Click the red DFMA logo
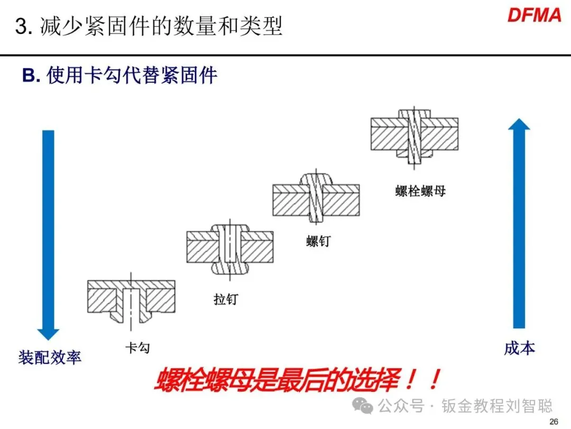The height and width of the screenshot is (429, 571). (534, 15)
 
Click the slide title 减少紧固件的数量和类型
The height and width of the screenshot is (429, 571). (161, 26)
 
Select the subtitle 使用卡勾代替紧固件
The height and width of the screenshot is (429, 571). (132, 75)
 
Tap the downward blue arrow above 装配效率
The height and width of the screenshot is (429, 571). (48, 233)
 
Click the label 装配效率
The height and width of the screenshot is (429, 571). (50, 358)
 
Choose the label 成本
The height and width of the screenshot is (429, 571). (519, 348)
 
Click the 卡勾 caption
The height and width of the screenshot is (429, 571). (137, 348)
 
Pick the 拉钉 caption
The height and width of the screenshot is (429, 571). (226, 299)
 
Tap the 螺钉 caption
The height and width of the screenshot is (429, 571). (318, 241)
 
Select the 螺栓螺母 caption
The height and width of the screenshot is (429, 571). (420, 191)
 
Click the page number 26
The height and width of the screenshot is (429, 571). (554, 422)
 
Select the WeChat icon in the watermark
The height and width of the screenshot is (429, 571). (365, 406)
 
